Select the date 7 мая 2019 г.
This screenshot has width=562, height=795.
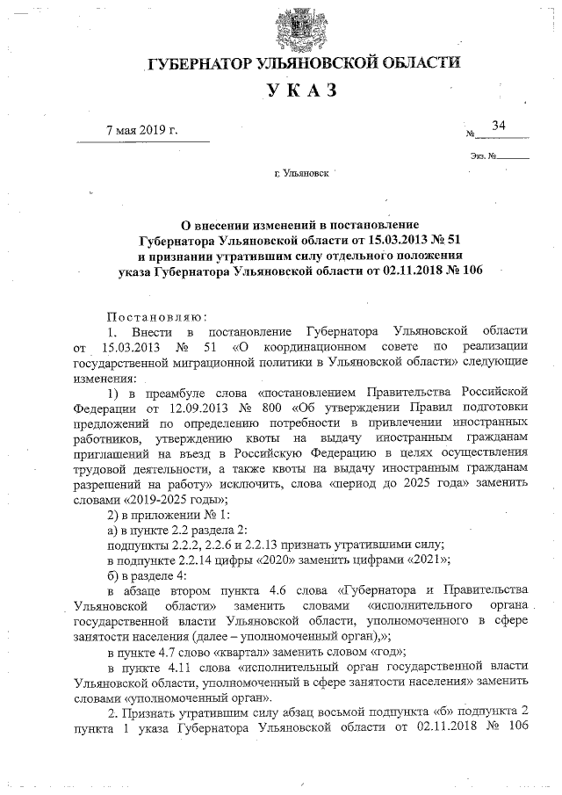(141, 131)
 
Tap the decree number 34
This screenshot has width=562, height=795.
(500, 126)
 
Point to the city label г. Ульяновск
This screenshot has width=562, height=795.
(302, 173)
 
